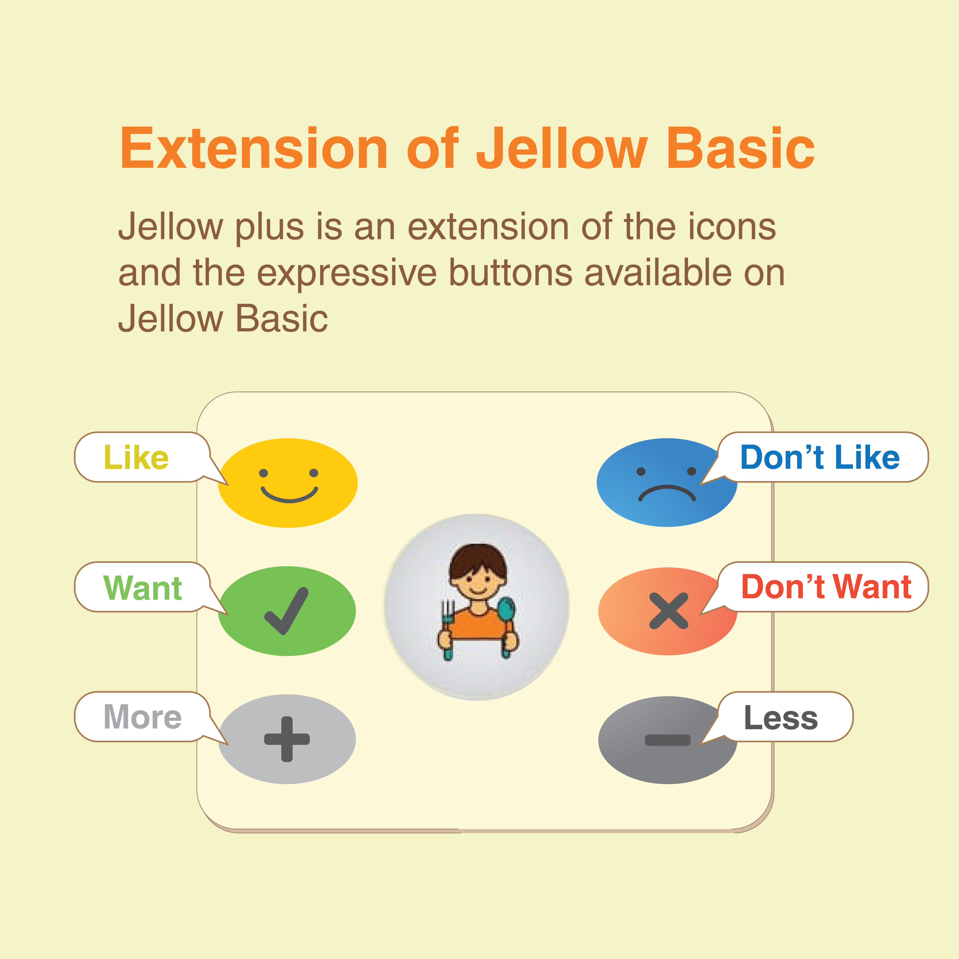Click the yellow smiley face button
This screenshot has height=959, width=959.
click(288, 483)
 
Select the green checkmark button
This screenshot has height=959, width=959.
click(287, 611)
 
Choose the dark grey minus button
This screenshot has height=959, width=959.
click(668, 740)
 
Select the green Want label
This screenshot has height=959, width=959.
click(142, 588)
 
